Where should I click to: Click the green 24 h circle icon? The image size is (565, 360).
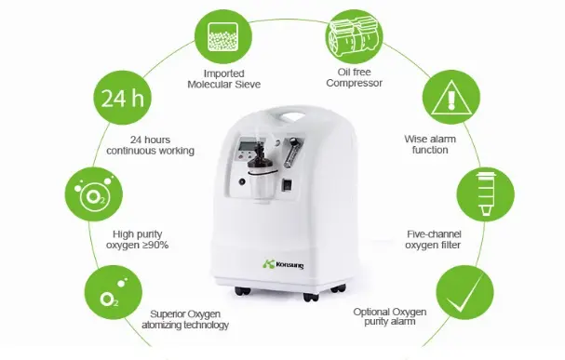[123, 97]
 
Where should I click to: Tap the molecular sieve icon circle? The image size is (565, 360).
[223, 36]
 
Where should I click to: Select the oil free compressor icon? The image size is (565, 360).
[355, 36]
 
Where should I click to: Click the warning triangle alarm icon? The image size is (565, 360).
[451, 97]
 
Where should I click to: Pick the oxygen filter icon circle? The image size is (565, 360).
[485, 194]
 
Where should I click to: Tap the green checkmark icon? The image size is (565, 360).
[464, 292]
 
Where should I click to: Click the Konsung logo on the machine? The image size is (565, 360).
[283, 264]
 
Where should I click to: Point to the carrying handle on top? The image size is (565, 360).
[292, 116]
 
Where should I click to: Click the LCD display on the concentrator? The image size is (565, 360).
[247, 146]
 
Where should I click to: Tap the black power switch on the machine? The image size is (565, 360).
[287, 184]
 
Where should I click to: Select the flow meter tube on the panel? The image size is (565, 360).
[289, 153]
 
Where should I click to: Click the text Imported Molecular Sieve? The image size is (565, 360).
[223, 79]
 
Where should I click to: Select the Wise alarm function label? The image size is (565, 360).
[430, 144]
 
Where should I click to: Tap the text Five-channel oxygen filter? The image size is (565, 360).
[434, 240]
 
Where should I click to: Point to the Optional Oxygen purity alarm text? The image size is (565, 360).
[390, 316]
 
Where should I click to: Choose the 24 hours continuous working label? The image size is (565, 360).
[150, 145]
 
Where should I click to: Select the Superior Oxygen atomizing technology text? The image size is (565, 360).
[185, 319]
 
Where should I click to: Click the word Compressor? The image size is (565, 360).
[355, 83]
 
